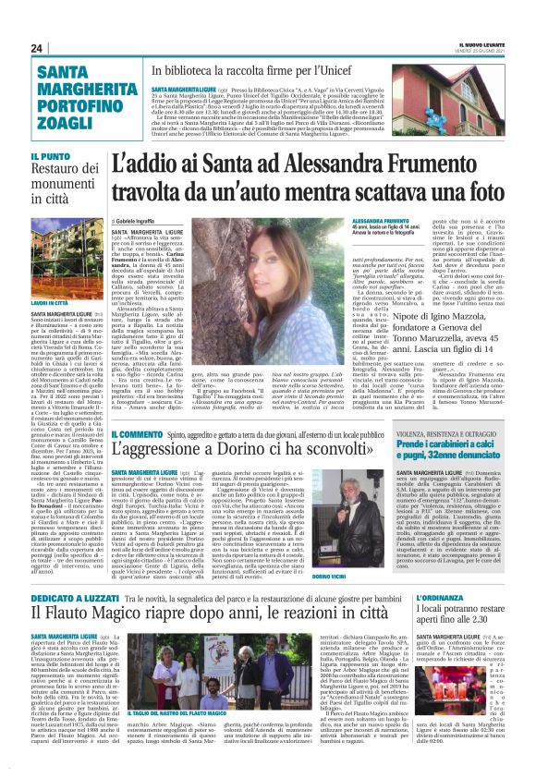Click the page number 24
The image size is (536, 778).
(36, 48)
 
